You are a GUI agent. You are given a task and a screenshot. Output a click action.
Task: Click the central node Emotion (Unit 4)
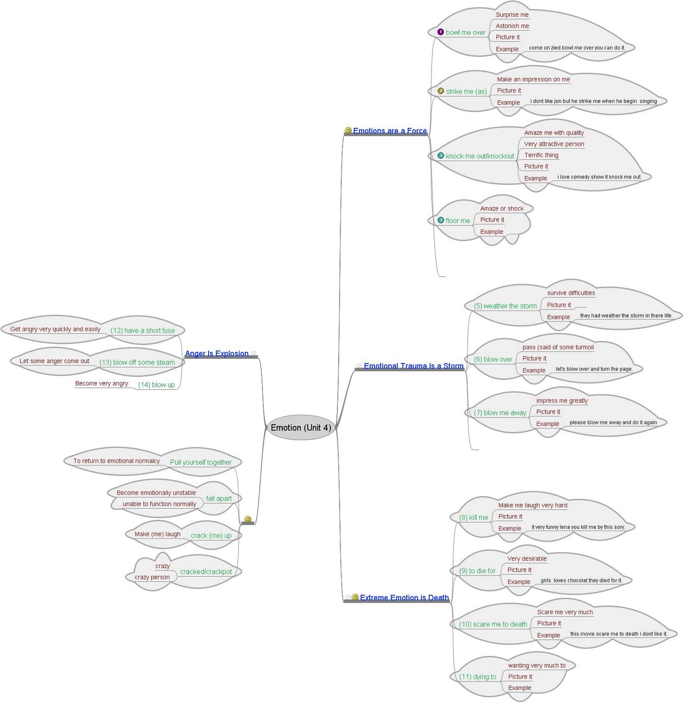pos(301,427)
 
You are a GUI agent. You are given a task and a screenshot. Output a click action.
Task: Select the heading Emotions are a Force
pos(390,131)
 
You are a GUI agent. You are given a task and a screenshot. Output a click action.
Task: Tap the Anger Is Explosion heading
pos(217,354)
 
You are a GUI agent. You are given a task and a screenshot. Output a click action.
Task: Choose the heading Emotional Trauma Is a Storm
pos(413,366)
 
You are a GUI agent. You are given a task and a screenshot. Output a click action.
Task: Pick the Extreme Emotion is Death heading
pos(404,598)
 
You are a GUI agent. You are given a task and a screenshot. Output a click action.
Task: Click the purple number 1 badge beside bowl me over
pos(441,32)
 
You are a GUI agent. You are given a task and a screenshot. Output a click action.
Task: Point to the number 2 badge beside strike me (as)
pos(441,91)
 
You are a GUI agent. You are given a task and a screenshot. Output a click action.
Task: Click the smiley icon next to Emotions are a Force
pos(348,130)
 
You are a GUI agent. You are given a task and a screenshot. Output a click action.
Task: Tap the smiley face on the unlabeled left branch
pos(248,519)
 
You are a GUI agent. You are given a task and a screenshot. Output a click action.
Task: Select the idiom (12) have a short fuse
pos(143,331)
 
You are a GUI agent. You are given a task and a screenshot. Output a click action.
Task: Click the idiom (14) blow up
pos(156,385)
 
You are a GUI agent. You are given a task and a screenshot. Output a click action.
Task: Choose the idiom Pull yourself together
pos(201,462)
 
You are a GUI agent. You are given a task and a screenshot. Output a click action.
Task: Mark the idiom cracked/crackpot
pos(206,572)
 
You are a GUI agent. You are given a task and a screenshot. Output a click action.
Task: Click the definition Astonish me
pos(512,26)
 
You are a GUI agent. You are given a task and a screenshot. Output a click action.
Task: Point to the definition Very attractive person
pos(554,144)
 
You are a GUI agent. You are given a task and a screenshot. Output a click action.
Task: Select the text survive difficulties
pos(571,293)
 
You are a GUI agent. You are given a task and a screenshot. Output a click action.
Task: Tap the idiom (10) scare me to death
pos(493,624)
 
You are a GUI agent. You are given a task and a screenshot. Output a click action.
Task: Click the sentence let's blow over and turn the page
pos(594,369)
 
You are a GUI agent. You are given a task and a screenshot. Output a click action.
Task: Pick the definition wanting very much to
pos(537,666)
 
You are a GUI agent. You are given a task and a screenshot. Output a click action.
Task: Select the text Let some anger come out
pos(54,361)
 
